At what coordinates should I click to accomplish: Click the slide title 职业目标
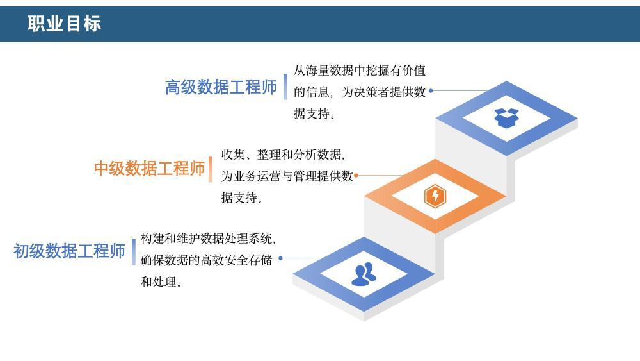(x=64, y=23)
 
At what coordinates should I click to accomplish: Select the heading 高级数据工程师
(x=221, y=87)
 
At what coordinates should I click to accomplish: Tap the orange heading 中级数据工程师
(x=149, y=169)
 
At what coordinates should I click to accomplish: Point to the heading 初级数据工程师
(x=69, y=251)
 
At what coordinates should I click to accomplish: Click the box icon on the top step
(x=506, y=118)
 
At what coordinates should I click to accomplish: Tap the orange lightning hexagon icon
(x=435, y=196)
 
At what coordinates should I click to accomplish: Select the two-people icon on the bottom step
(x=364, y=274)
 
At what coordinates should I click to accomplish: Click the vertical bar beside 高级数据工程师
(x=285, y=87)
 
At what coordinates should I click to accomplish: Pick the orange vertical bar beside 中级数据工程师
(x=211, y=169)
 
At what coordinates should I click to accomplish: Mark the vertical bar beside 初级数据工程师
(x=134, y=252)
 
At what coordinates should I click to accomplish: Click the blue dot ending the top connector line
(x=431, y=91)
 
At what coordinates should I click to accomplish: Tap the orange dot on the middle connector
(x=356, y=176)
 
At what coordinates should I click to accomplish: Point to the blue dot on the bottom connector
(x=280, y=258)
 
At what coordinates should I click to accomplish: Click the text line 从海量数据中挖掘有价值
(x=360, y=71)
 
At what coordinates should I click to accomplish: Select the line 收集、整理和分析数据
(x=283, y=155)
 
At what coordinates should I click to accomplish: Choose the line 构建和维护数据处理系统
(x=208, y=239)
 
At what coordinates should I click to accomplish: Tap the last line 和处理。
(x=161, y=281)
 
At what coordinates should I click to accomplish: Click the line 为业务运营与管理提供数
(x=287, y=176)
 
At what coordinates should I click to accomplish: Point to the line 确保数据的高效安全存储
(x=206, y=260)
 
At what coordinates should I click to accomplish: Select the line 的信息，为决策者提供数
(x=360, y=92)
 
